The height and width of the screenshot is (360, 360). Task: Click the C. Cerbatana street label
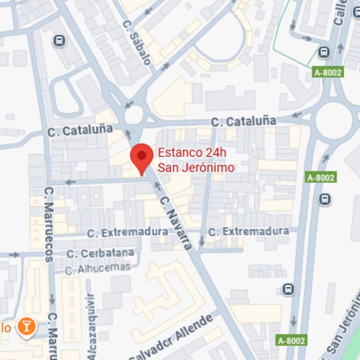click(100, 253)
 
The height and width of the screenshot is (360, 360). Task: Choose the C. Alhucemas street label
click(98, 269)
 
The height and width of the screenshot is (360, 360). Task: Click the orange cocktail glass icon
click(27, 326)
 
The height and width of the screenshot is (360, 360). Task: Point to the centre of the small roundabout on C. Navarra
click(134, 115)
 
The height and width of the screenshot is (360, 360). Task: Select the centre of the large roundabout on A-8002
click(333, 121)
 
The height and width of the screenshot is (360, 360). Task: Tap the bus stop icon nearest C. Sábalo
click(59, 41)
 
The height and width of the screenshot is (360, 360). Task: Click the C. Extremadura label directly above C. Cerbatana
click(127, 233)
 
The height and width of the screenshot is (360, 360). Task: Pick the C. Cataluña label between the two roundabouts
click(243, 121)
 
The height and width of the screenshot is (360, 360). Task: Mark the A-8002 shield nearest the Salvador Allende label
click(291, 341)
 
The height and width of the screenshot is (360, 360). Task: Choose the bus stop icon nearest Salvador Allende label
click(288, 289)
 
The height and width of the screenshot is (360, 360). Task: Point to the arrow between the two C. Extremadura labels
click(201, 243)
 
